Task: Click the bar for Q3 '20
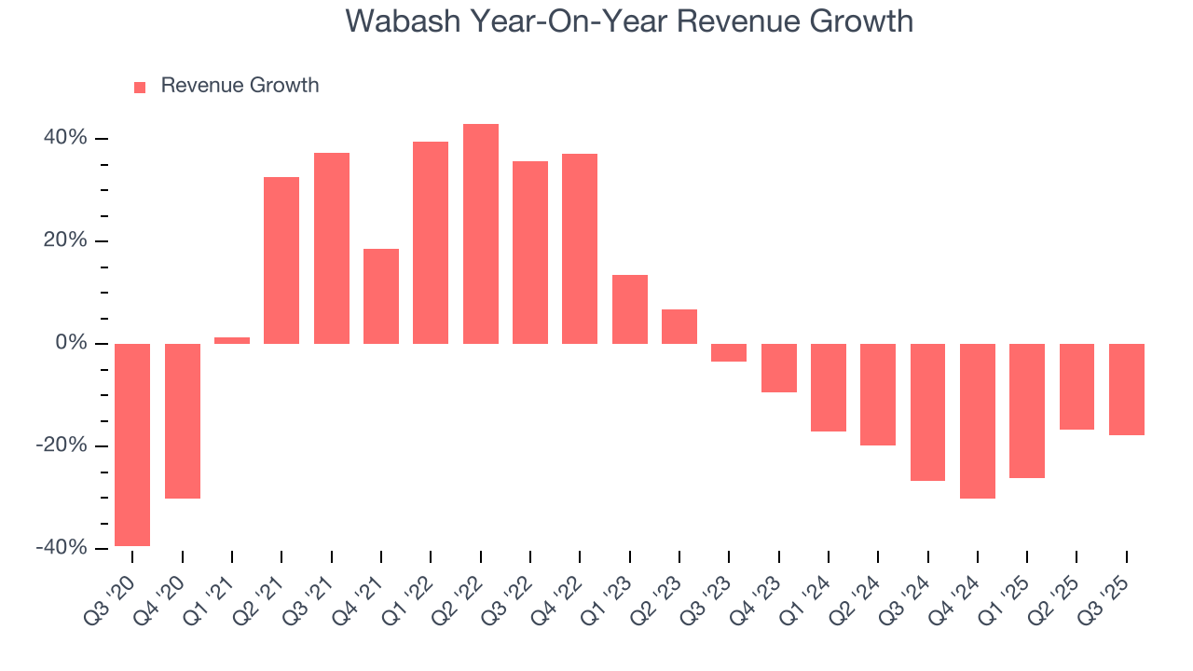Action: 132,445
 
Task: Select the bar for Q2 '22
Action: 481,234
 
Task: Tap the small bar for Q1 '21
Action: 232,340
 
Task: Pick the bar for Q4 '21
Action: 381,296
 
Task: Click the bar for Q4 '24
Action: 978,420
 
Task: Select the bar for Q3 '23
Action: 729,352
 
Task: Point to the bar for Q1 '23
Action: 630,309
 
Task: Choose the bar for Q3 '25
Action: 1127,390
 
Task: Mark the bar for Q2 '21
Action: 281,260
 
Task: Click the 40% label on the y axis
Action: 64,138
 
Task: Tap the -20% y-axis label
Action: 62,445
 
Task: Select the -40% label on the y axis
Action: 62,548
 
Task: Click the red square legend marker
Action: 140,87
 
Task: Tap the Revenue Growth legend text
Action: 240,86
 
